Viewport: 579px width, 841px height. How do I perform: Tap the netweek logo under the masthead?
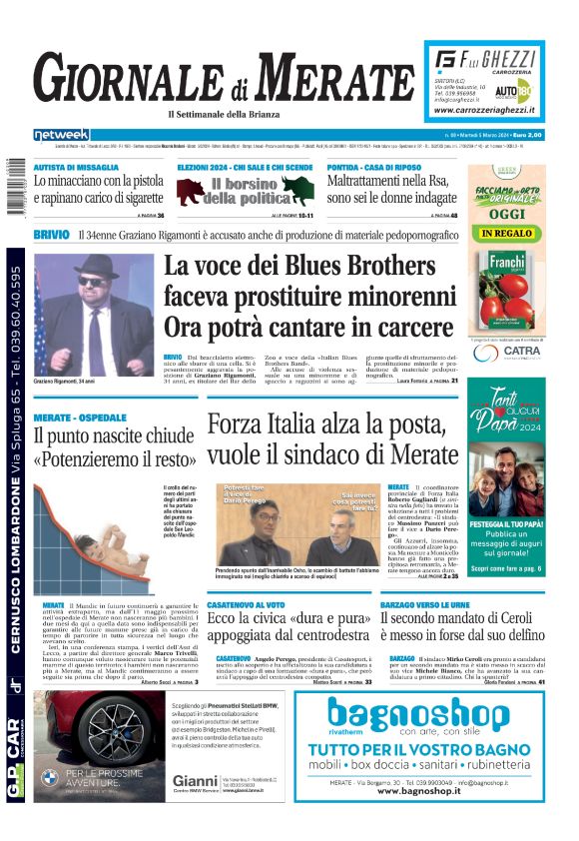pyautogui.click(x=61, y=135)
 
